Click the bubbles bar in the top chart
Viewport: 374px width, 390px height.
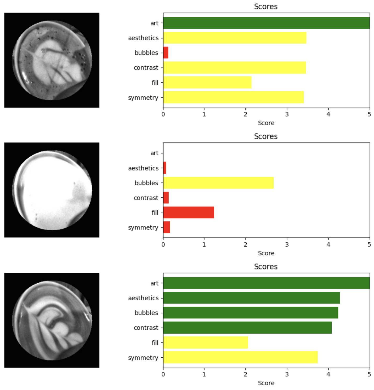(166, 53)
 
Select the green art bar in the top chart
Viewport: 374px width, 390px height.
(266, 23)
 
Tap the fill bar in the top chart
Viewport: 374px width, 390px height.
(207, 83)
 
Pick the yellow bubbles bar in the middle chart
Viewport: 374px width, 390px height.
(218, 183)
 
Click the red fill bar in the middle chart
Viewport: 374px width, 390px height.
(189, 213)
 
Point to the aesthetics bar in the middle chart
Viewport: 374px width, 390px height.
(165, 168)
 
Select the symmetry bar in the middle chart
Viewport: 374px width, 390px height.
(167, 227)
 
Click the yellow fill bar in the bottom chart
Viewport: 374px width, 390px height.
(206, 342)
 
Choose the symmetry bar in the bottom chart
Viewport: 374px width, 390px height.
(240, 357)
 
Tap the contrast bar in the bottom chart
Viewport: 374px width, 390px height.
(247, 328)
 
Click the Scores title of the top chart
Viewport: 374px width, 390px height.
(266, 7)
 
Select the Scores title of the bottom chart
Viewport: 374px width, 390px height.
(266, 267)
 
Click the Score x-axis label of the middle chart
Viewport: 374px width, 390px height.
(266, 253)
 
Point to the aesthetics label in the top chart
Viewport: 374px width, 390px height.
(143, 38)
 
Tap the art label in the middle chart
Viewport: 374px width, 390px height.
(154, 153)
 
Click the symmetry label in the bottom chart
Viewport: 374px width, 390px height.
(143, 358)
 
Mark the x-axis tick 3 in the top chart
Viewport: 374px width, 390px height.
(287, 114)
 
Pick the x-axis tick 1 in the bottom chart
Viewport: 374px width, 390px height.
(204, 374)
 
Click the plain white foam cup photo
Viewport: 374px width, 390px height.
(52, 190)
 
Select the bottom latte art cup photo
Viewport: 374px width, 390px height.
(52, 320)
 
